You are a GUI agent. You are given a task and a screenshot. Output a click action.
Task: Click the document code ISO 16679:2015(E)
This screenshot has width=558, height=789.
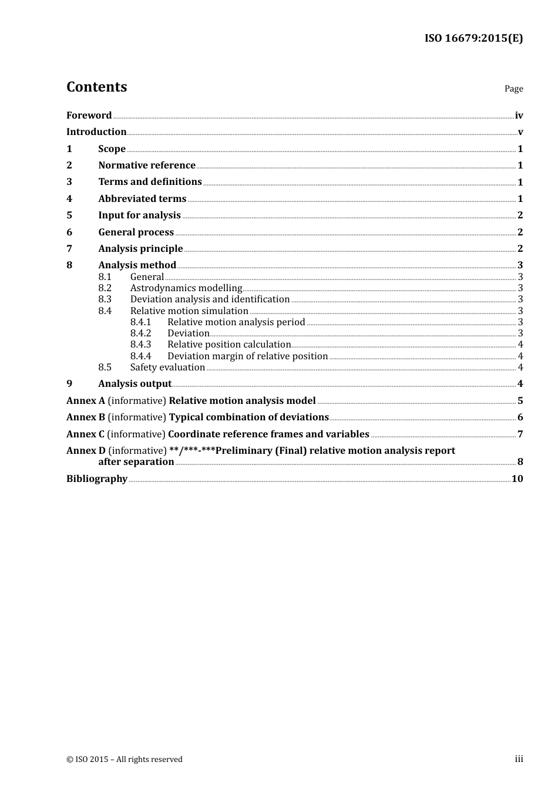(473, 39)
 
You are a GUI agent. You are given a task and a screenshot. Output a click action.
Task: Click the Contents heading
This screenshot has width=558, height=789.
(96, 87)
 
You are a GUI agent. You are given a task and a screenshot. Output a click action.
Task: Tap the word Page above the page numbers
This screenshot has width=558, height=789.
(513, 89)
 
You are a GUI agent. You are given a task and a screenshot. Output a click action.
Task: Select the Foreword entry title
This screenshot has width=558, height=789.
(89, 116)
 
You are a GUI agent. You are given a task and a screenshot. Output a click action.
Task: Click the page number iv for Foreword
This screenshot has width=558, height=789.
(519, 116)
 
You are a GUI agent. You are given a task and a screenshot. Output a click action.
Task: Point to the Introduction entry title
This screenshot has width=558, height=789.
(96, 132)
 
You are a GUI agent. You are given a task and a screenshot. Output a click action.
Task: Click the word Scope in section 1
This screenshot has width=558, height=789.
(112, 149)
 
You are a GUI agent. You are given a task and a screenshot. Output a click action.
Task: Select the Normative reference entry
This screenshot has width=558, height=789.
(146, 166)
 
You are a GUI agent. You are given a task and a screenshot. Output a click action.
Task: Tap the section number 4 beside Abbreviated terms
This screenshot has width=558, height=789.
(69, 199)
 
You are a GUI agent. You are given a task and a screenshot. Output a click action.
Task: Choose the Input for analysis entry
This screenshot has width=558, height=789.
(139, 215)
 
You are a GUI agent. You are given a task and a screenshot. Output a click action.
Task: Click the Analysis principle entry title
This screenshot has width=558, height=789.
(140, 249)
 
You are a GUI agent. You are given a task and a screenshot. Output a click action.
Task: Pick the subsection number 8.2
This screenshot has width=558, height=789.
(105, 288)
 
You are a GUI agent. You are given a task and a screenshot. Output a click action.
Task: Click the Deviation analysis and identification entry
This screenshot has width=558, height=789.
(210, 299)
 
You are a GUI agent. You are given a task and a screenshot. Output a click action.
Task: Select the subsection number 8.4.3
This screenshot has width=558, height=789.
(140, 345)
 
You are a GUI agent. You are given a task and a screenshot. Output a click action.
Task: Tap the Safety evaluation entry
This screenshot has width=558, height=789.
(167, 367)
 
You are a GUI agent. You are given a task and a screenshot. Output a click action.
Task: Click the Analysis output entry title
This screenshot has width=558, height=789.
(135, 384)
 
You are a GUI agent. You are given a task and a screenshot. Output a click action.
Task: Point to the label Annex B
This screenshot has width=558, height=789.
(86, 417)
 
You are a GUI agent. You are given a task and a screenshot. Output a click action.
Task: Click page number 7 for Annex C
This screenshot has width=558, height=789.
(520, 434)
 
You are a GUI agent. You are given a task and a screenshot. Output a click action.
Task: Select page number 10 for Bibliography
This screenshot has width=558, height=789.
(517, 479)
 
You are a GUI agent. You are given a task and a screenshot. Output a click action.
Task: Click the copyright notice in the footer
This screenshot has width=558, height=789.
(125, 760)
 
